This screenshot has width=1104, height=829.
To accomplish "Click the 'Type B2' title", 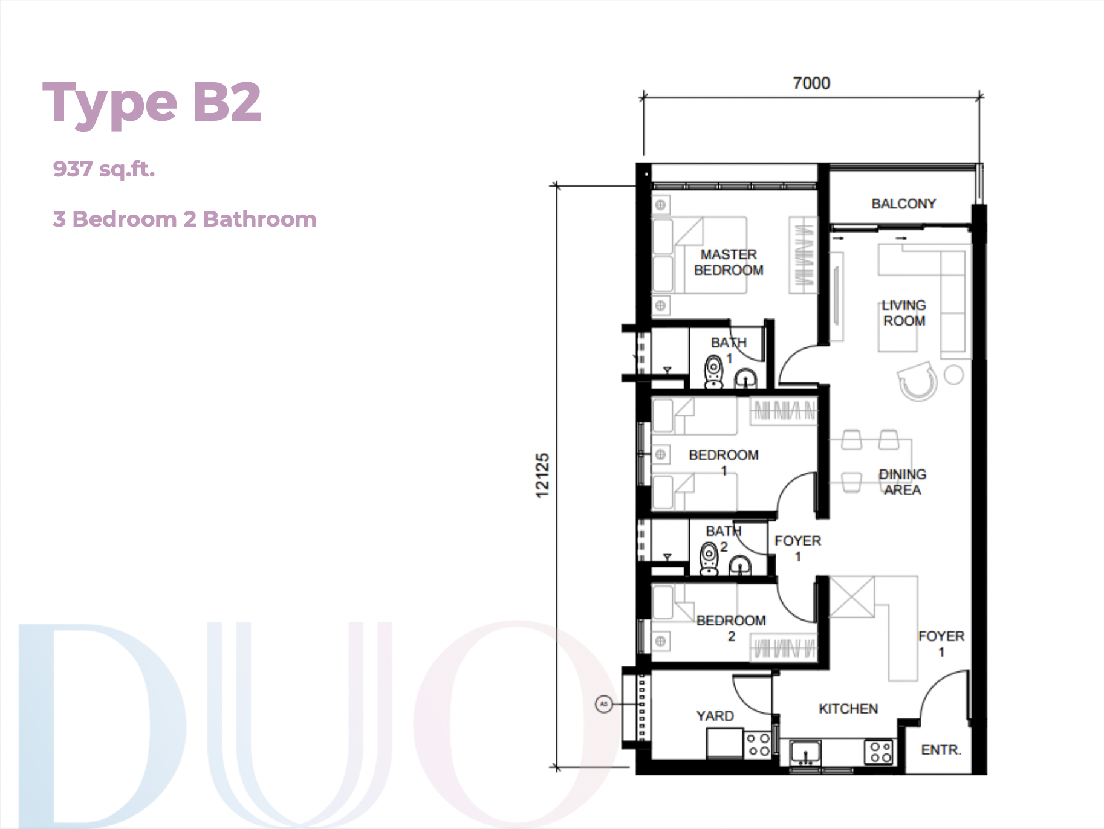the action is point(152,103).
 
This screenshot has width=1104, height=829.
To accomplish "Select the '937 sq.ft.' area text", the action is point(104,169).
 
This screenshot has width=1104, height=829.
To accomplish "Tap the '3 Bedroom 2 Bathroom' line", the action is point(184,219).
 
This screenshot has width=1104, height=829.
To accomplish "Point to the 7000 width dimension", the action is point(811,83).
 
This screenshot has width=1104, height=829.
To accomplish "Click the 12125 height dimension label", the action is point(542,476).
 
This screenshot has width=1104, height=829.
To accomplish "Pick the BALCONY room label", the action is point(903,204).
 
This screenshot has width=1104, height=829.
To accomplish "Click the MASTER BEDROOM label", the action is point(729,262).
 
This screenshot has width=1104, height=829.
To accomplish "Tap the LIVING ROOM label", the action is point(904,313).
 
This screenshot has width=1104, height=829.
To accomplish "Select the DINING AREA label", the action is point(902,482).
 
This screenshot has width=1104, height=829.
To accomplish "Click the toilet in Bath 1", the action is point(714,372).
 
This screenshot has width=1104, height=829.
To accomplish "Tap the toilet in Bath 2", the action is point(709,559).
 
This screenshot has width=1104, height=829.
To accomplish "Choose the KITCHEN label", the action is point(848,709).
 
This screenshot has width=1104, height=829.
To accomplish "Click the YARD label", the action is point(715,716).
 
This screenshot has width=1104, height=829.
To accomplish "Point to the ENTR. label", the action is point(941,750).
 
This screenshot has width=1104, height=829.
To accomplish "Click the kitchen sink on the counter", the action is point(805,753).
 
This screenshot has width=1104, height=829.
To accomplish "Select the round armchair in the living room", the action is point(918,381).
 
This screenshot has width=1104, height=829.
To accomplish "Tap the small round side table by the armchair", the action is point(953,375).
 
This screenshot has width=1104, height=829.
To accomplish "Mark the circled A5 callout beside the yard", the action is point(603,704).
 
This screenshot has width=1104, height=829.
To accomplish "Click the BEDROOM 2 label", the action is point(731,628).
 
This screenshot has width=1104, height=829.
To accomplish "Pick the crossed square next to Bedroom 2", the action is point(851,597).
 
